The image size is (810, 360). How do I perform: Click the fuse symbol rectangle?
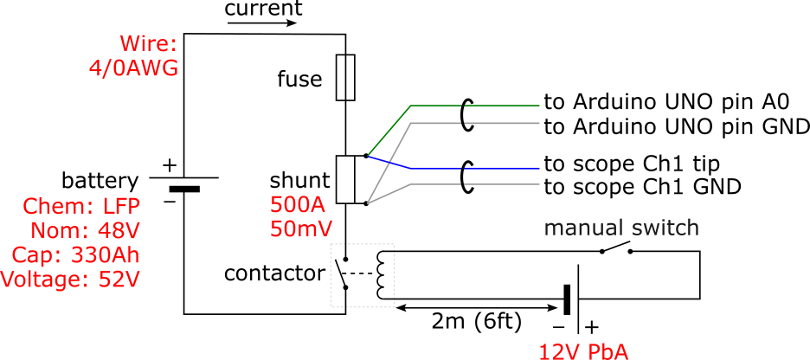point(346,76)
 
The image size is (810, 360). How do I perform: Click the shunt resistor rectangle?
point(346,180)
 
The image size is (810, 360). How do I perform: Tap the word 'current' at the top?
point(263,10)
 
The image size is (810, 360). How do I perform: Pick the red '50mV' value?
point(300,228)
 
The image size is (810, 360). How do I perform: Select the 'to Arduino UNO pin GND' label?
point(676,126)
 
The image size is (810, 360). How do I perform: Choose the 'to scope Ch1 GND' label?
point(643,186)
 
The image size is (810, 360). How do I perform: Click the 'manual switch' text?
point(620,228)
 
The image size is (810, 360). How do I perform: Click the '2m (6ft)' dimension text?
point(477,322)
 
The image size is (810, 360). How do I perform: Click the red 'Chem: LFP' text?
point(82,207)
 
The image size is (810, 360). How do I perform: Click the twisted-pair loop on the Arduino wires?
point(467,114)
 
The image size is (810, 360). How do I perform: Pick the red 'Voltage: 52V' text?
point(69,280)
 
